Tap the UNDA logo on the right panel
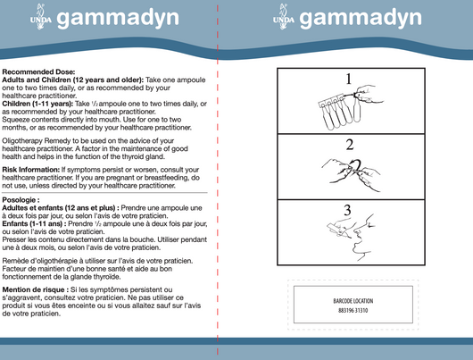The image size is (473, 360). (283, 19)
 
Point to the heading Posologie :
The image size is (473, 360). (22, 199)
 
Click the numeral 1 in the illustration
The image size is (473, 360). (349, 79)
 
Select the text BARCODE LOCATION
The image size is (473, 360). (353, 301)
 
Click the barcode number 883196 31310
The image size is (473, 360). (353, 310)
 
